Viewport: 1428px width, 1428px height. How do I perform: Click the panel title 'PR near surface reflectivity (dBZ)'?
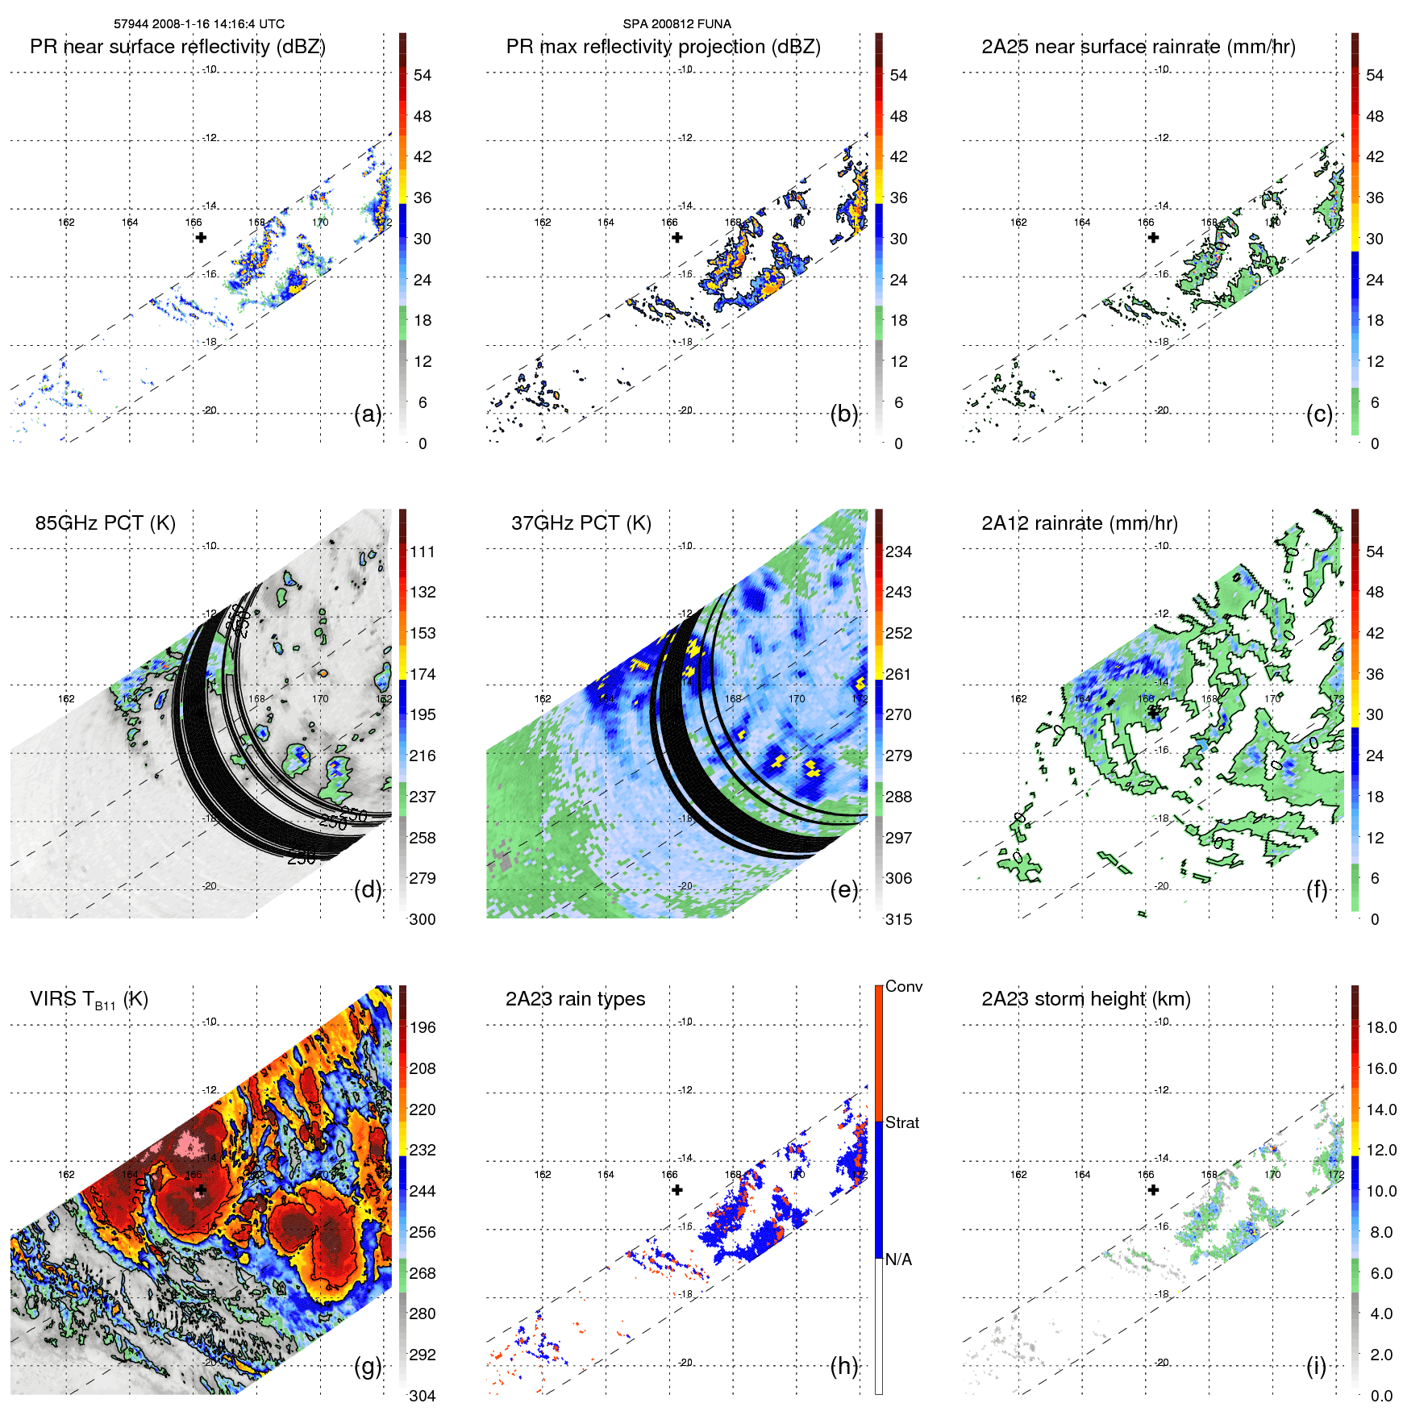click(177, 47)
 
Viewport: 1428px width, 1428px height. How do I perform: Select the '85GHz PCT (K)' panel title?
click(105, 522)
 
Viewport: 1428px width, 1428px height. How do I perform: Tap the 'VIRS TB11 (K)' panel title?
click(89, 999)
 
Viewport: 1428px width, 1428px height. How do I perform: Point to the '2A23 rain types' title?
click(575, 999)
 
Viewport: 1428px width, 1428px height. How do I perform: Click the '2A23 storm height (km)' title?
click(1085, 999)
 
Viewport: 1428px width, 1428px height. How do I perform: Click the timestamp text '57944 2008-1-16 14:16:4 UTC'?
click(198, 24)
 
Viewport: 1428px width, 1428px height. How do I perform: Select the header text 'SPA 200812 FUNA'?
click(677, 24)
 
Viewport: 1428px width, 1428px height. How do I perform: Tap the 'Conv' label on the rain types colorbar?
click(903, 986)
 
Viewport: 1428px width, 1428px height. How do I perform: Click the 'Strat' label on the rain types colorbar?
click(901, 1122)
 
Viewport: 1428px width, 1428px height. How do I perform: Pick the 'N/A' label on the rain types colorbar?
click(898, 1259)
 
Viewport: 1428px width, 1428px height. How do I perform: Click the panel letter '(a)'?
click(368, 414)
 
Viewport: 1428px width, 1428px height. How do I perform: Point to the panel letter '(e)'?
click(843, 889)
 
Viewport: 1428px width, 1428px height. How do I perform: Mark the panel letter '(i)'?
click(1316, 1366)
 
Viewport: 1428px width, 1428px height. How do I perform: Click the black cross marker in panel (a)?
click(201, 237)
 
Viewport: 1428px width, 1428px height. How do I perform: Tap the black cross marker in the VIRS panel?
click(201, 1189)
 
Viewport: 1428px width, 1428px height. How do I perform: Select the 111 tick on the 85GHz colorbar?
click(422, 552)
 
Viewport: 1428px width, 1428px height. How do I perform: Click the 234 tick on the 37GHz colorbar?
click(898, 552)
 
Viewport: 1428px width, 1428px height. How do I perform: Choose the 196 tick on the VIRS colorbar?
click(422, 1027)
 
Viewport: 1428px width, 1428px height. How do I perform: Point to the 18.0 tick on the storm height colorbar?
click(1380, 1027)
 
